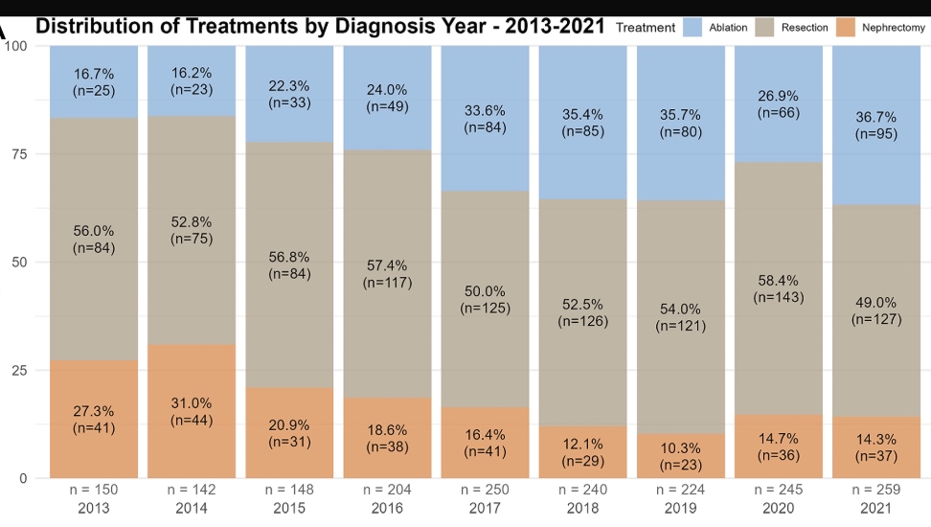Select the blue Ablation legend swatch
(693, 28)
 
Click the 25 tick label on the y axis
(16, 370)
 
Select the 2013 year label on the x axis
(94, 508)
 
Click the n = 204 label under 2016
(387, 491)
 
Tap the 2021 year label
(876, 508)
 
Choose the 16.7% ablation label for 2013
(94, 72)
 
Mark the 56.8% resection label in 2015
(289, 257)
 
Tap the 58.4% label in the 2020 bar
(778, 280)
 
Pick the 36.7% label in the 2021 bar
(876, 117)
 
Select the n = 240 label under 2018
(582, 491)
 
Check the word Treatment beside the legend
(646, 28)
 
